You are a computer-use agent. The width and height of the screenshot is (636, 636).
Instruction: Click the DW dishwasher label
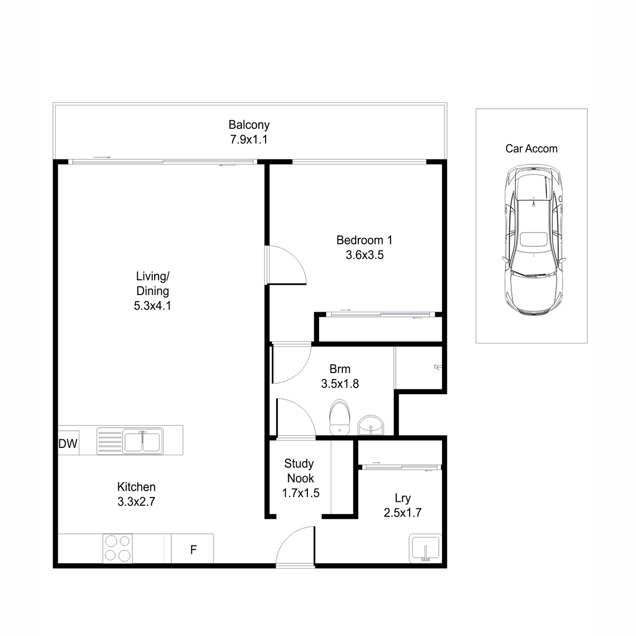click(68, 444)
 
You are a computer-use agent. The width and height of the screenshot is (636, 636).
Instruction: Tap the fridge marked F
click(192, 550)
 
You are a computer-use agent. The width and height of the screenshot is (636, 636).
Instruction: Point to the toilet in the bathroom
click(340, 418)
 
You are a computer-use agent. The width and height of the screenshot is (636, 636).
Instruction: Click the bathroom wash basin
click(371, 426)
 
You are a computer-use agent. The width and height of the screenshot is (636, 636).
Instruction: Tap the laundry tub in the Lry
click(426, 549)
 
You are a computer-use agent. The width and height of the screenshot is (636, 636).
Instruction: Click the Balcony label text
click(249, 125)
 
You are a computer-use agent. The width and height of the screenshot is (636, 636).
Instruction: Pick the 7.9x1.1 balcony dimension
click(249, 139)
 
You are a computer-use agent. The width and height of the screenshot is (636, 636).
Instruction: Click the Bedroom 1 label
click(364, 240)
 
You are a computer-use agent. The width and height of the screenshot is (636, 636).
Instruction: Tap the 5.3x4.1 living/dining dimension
click(153, 306)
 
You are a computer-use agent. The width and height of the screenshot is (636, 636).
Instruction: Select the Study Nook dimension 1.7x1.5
click(301, 493)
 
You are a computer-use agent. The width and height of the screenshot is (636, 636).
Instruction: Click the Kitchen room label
click(136, 487)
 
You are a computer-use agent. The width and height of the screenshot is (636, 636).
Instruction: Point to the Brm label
click(340, 369)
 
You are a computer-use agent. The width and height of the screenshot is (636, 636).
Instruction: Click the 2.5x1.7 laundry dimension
click(403, 513)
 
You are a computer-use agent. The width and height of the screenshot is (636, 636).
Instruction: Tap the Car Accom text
click(532, 149)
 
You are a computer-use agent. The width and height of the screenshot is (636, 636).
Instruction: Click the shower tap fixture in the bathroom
click(438, 367)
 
